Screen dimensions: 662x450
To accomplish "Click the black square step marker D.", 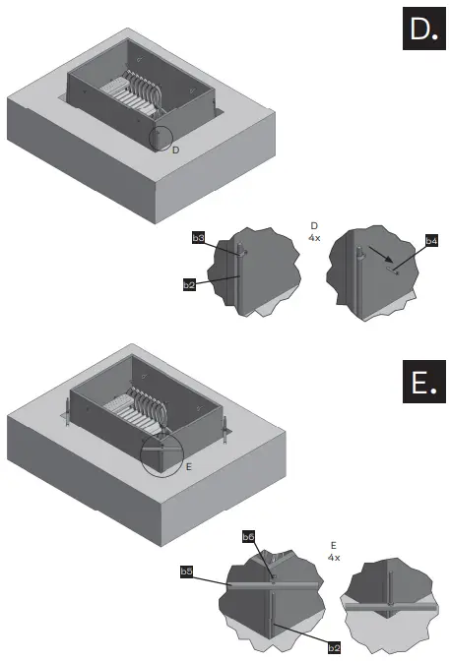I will tap(423, 32).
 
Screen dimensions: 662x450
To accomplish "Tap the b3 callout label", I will tap(198, 238).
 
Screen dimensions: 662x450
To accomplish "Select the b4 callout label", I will tap(431, 240).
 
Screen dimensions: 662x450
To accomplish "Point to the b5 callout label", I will tap(187, 571).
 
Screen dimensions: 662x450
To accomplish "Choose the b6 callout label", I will tap(249, 536).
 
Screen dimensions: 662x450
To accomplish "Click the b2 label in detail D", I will tap(188, 284).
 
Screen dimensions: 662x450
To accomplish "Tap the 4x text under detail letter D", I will tap(314, 237).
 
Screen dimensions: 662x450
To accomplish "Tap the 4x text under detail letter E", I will tap(334, 557).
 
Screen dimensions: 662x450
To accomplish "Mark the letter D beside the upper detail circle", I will tap(175, 150).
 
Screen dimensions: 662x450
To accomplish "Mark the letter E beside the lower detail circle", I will tap(189, 467).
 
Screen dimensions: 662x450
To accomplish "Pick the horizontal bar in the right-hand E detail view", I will tap(389, 609).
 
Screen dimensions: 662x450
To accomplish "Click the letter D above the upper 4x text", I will tap(314, 225).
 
